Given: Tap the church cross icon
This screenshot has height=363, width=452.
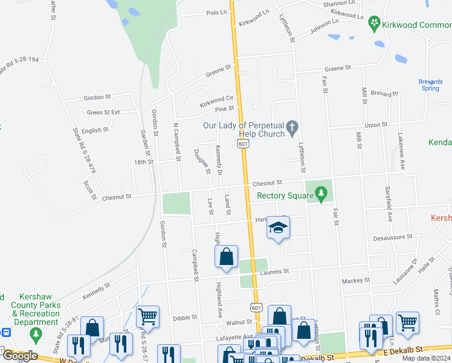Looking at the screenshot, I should pos(292,127).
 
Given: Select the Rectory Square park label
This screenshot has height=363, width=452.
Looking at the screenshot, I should pos(283,195).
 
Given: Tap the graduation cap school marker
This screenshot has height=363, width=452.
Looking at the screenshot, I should pos(278,227).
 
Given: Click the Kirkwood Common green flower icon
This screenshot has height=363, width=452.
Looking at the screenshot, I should pos(375,24).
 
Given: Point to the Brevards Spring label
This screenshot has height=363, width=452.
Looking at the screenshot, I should pos(430,85).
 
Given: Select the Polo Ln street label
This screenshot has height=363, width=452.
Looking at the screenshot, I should pos(215,13).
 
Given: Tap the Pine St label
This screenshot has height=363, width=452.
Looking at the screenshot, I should pos(224,109).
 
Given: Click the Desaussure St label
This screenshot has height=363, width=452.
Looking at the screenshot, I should pos(393,237).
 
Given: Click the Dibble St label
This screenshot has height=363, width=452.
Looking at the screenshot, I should pos(185,317).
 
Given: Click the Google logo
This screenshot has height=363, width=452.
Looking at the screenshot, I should pos(20,356).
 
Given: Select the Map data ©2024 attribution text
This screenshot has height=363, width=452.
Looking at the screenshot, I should pos(427,358).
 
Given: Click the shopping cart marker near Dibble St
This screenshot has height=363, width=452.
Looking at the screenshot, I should pos(147,315).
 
